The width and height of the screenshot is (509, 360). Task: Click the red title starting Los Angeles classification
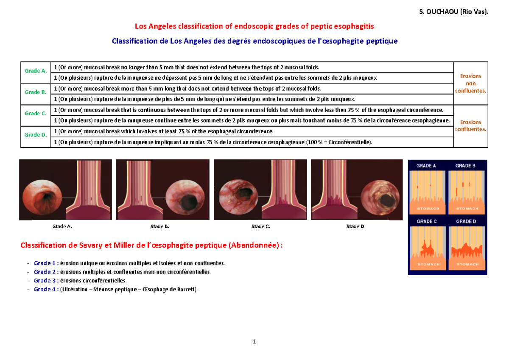pyautogui.click(x=255, y=26)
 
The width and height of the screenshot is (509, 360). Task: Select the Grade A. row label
pyautogui.click(x=36, y=71)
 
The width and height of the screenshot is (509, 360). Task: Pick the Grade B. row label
pyautogui.click(x=36, y=92)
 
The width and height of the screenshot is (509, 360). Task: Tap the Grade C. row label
pyautogui.click(x=36, y=113)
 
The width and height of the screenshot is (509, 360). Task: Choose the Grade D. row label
pyautogui.click(x=36, y=134)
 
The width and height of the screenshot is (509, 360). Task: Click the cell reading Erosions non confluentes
pyautogui.click(x=470, y=83)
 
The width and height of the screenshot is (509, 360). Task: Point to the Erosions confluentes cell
pyautogui.click(x=470, y=126)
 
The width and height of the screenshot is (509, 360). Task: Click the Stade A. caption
pyautogui.click(x=62, y=226)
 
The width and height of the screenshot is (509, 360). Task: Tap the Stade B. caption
pyautogui.click(x=160, y=226)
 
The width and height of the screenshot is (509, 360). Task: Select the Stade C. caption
pyautogui.click(x=260, y=226)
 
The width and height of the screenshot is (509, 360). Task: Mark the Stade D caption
pyautogui.click(x=355, y=226)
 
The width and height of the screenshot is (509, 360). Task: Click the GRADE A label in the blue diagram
pyautogui.click(x=426, y=166)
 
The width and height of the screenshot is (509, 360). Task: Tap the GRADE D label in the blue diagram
pyautogui.click(x=466, y=221)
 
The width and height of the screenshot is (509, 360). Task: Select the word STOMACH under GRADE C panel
pyautogui.click(x=426, y=264)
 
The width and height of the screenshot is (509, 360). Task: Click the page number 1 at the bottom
pyautogui.click(x=254, y=342)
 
